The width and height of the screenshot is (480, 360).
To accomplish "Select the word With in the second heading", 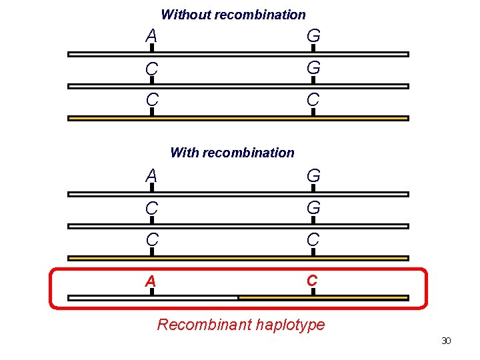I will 185,153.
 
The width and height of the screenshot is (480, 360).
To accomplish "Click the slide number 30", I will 446,341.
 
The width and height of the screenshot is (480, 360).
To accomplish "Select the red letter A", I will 151,281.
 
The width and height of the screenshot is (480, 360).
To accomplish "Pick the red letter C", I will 312,281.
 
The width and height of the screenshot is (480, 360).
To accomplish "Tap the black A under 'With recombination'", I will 151,176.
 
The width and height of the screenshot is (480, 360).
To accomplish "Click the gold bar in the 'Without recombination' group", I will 238,118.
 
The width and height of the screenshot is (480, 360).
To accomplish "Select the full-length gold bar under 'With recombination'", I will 238,258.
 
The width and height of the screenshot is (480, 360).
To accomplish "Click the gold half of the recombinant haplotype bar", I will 323,297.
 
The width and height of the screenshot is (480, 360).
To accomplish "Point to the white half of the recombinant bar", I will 153,298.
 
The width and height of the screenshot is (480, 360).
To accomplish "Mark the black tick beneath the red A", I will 151,292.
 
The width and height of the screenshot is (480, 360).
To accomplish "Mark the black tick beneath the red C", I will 312,292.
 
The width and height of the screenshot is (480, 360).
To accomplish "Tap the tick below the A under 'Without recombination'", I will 151,48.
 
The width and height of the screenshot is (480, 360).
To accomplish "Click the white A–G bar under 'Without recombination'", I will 238,54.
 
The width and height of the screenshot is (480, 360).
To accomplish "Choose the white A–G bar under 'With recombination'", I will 238,194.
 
